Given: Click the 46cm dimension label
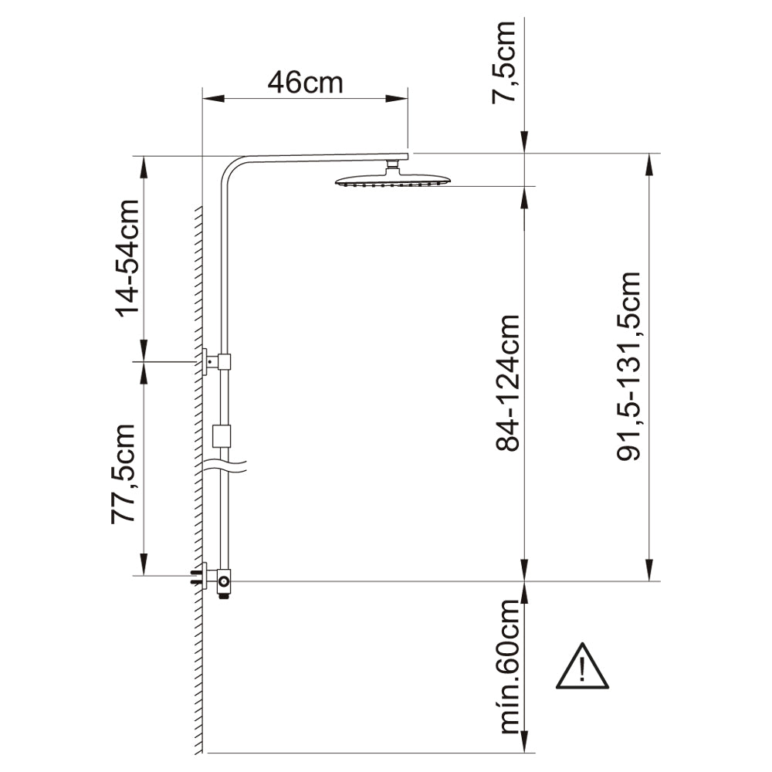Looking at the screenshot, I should [305, 82].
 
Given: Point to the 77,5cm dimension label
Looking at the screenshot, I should [124, 474].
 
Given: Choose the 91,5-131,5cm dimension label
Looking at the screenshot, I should [629, 365].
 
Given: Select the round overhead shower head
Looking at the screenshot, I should [392, 181].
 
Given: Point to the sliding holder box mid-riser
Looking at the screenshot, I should [222, 436].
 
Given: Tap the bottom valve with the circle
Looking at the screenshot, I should [224, 580].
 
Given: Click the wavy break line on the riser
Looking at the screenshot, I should [223, 466].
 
